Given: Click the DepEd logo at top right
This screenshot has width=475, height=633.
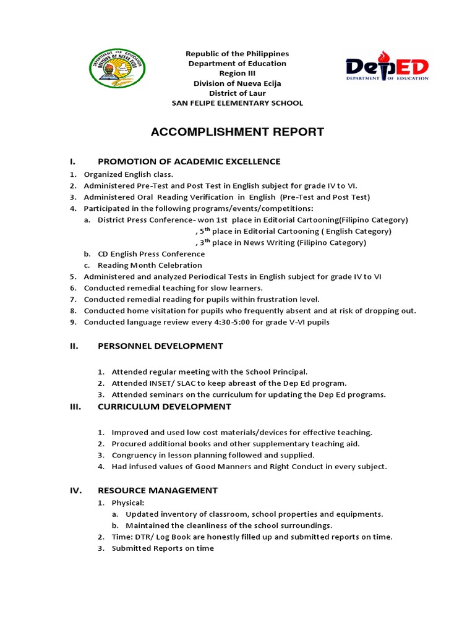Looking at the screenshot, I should tap(387, 66).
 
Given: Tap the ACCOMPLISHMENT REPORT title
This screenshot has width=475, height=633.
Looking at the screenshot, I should tap(237, 132).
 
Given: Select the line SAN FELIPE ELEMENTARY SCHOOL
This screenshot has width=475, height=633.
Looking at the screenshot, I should tap(237, 103).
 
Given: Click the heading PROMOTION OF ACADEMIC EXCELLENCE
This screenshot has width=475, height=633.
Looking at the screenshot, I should tap(189, 161).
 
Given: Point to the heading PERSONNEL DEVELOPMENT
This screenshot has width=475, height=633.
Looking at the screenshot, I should tap(160, 346).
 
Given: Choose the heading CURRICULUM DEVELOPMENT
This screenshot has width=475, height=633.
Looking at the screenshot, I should tap(165, 406).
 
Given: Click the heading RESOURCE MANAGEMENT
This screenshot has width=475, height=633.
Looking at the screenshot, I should tap(158, 490).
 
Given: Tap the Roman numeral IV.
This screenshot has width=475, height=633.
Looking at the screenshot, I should tap(75, 490).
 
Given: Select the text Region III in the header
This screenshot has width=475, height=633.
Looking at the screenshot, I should tap(237, 74).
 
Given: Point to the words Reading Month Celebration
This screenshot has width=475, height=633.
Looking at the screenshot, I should tap(150, 265).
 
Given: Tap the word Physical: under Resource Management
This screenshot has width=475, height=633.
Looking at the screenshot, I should tap(128, 503).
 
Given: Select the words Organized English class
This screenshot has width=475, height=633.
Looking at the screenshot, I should tap(128, 174).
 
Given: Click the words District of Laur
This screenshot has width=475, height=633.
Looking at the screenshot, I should tap(237, 93).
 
